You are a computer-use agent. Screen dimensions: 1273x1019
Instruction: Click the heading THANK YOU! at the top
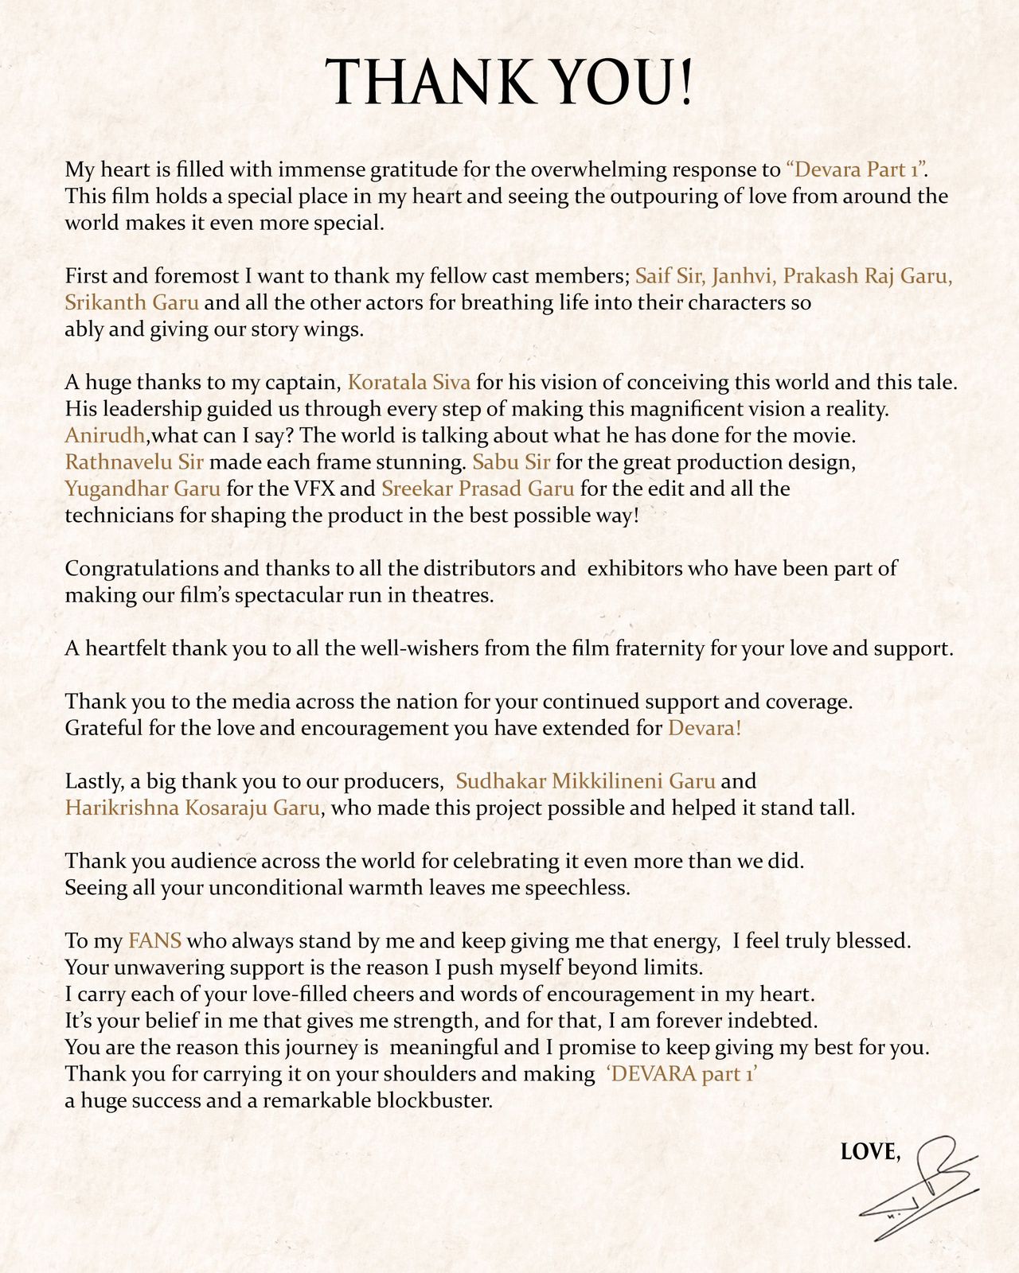(x=509, y=82)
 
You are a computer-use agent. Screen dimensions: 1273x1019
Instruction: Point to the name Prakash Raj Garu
(x=868, y=276)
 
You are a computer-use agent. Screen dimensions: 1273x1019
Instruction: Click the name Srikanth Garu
(x=131, y=303)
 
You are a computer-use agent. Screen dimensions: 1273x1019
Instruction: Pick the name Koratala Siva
(x=409, y=383)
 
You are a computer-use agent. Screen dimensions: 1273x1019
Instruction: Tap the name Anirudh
(x=104, y=436)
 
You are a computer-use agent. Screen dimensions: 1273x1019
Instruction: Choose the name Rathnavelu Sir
(x=134, y=462)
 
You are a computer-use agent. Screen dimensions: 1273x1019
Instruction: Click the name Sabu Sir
(x=511, y=462)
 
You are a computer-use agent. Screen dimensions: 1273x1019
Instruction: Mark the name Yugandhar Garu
(x=143, y=489)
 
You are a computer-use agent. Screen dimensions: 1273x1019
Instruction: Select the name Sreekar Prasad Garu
(x=478, y=489)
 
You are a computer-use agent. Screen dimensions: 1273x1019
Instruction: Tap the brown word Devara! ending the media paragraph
(x=705, y=728)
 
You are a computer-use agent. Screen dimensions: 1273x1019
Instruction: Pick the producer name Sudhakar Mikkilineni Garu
(x=585, y=781)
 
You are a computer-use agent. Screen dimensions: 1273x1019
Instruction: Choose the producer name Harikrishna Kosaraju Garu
(x=192, y=808)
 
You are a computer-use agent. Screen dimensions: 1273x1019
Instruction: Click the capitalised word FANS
(x=154, y=941)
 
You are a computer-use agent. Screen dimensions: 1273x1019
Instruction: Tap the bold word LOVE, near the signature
(x=871, y=1151)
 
